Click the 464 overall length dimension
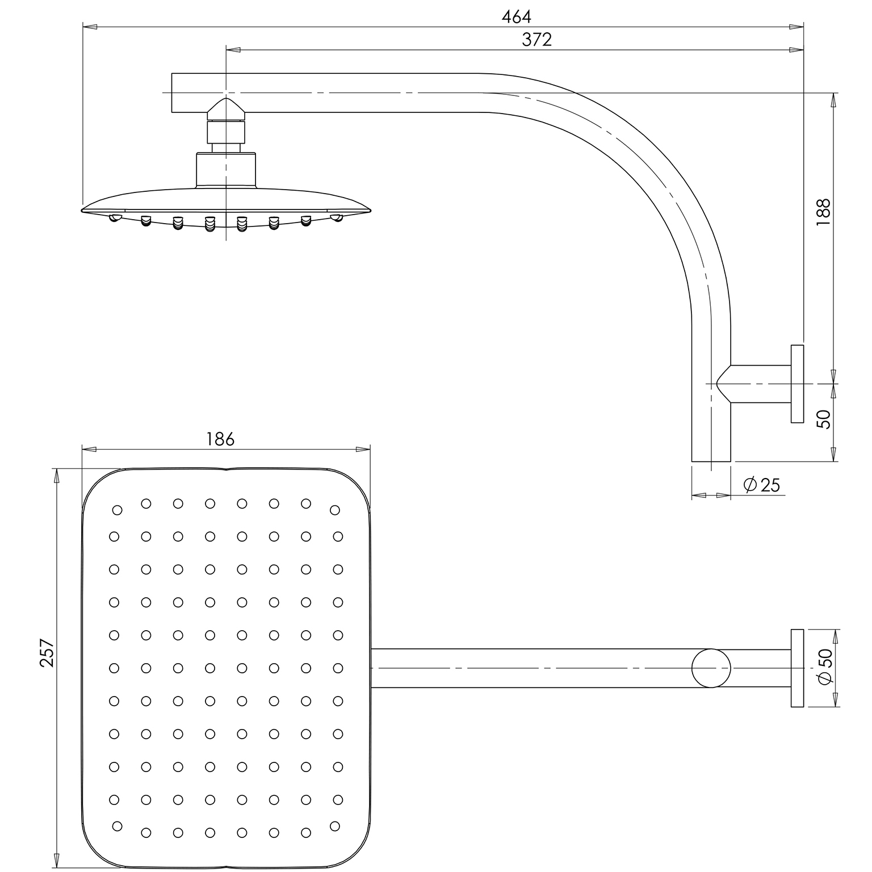coord(516,17)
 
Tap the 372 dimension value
coord(536,39)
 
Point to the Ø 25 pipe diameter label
coord(761,485)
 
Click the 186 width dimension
coord(220,439)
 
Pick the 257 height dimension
coord(47,653)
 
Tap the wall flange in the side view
coord(797,384)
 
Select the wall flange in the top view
coord(797,668)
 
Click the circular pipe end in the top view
coord(711,668)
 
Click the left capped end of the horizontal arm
coord(172,92)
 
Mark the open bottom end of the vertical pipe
coord(711,461)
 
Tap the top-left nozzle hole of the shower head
coord(118,510)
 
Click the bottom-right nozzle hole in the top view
coord(334,825)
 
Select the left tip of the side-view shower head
coord(82,211)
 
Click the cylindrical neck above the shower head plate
coord(226,170)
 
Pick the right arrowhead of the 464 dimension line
coord(797,26)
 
